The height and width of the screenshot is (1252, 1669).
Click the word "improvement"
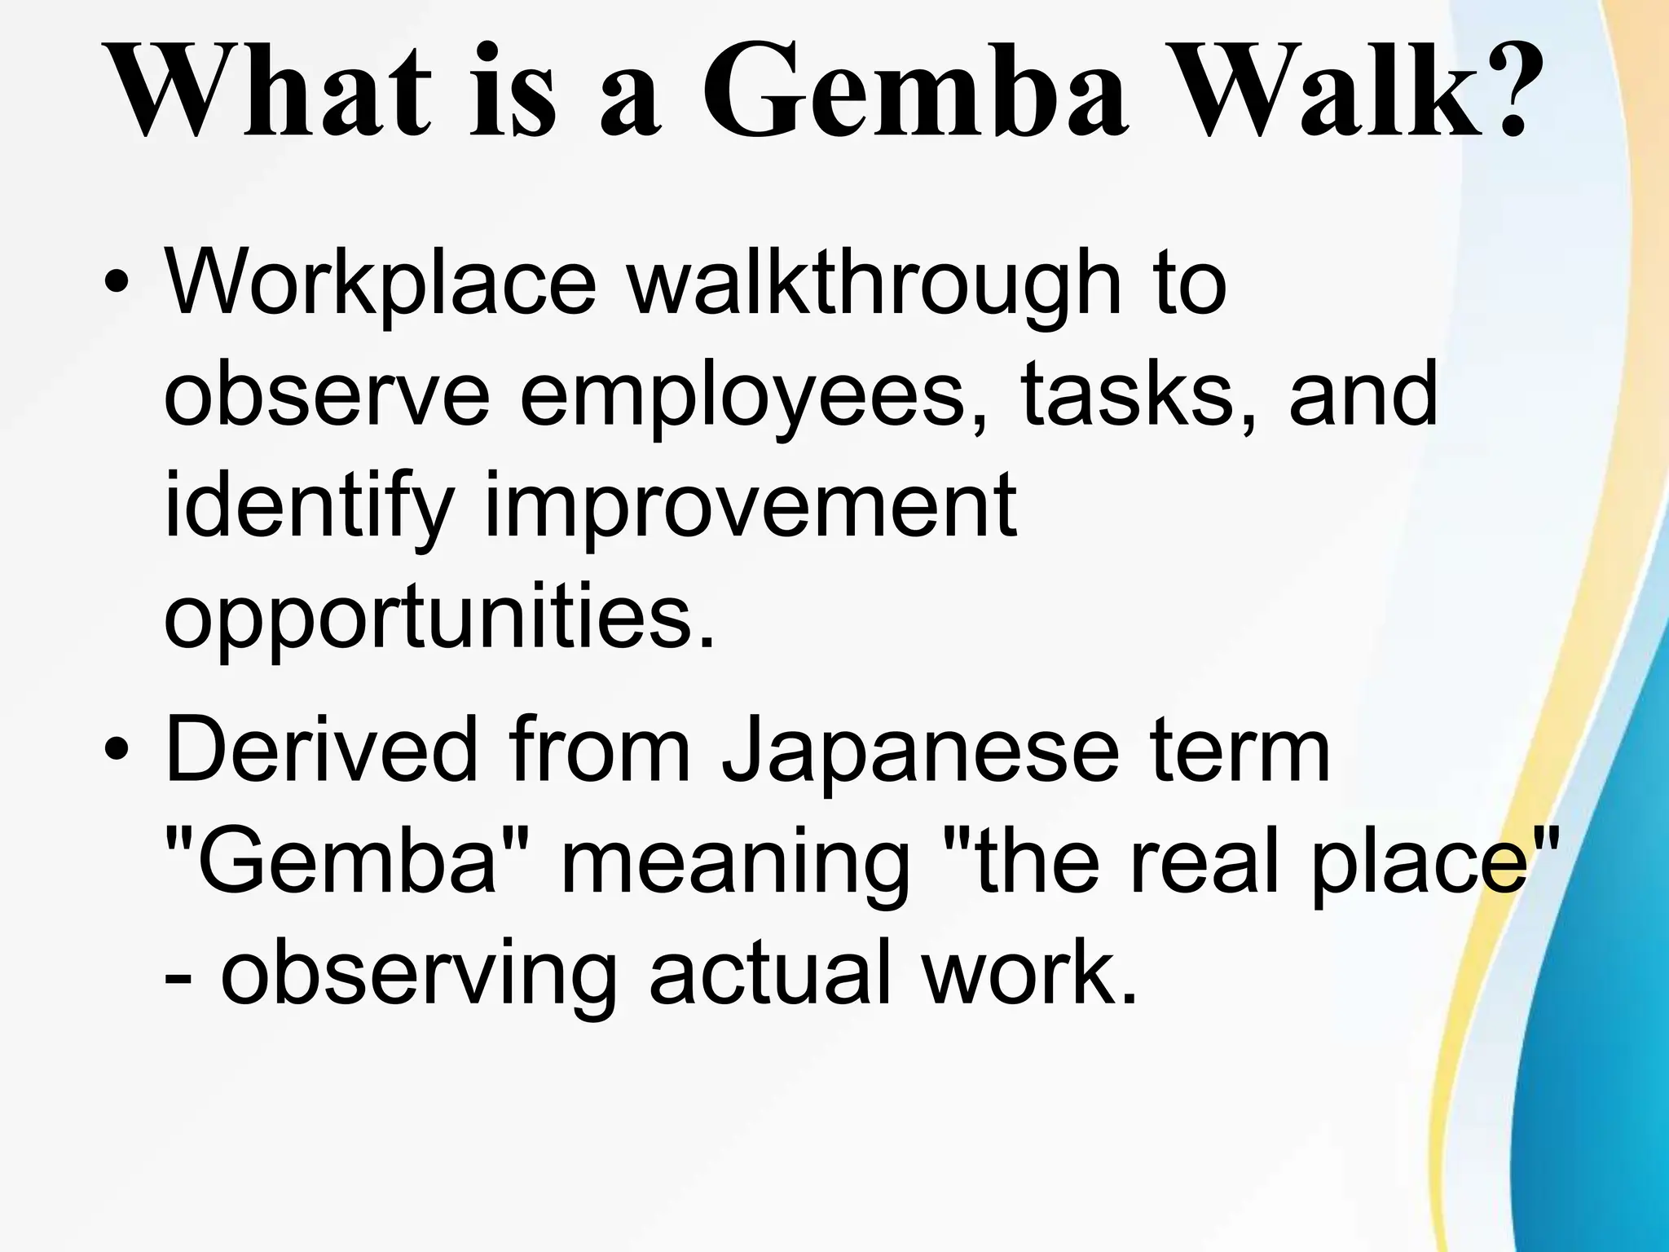pos(751,506)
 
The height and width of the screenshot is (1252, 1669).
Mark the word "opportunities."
pos(440,619)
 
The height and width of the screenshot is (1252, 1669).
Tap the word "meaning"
pos(734,864)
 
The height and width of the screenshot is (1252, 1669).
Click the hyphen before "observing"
pos(174,978)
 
